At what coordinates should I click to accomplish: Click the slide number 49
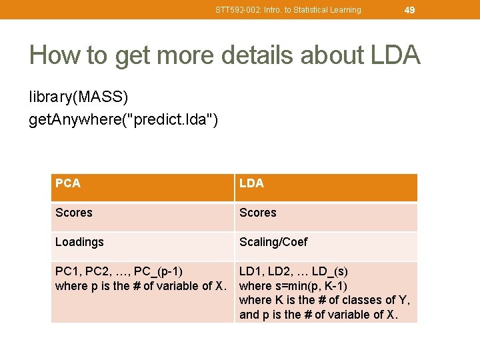(410, 10)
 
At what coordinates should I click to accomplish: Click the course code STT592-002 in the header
(237, 10)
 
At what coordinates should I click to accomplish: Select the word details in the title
(252, 55)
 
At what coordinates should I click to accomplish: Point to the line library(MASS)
(79, 99)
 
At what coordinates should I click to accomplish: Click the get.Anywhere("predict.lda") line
(123, 120)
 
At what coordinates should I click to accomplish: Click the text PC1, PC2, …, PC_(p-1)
(119, 271)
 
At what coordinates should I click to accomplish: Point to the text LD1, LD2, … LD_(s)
(293, 271)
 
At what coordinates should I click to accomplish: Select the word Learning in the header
(346, 10)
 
